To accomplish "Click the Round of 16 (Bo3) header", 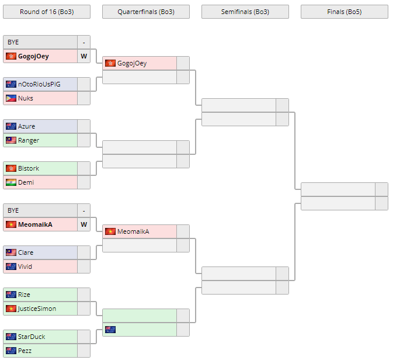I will click(x=46, y=12).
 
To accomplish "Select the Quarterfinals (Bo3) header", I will click(x=145, y=12).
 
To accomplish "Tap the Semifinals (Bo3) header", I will click(x=245, y=12).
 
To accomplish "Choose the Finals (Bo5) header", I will click(x=344, y=12).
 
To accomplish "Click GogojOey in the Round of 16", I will click(x=33, y=56).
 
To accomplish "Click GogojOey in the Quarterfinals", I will click(x=132, y=63).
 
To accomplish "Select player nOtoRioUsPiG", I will click(x=39, y=84).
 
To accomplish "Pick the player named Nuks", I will click(x=26, y=98).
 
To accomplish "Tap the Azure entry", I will click(x=26, y=126).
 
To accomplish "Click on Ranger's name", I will click(x=29, y=140).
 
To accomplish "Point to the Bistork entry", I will click(x=29, y=168).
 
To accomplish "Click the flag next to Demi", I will click(x=11, y=182).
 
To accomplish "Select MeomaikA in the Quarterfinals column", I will click(x=133, y=231).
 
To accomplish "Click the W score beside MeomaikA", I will click(x=84, y=224).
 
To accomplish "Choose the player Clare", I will click(x=26, y=252).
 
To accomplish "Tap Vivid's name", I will click(x=25, y=266).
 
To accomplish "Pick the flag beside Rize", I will click(x=11, y=295).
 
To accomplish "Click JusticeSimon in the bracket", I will click(x=37, y=309).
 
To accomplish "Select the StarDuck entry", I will click(x=32, y=337).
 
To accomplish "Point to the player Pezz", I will click(x=25, y=351).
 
